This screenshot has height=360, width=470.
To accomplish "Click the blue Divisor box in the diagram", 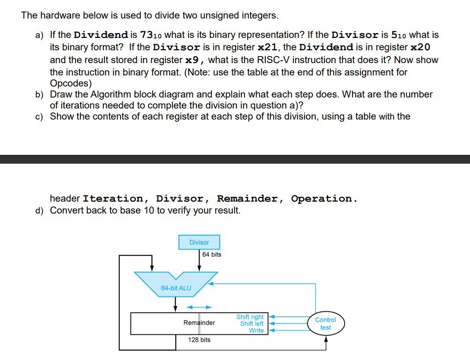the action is click(199, 242).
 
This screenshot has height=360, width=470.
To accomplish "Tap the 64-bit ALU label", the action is click(176, 288).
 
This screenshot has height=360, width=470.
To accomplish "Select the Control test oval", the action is click(326, 323).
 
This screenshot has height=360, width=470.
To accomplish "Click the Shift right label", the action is click(250, 317).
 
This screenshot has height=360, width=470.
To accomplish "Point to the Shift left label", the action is click(252, 323).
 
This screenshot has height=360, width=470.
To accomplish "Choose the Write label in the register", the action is click(256, 330).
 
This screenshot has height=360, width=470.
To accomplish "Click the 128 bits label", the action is click(199, 340).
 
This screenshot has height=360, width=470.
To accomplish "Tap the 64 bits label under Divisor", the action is click(212, 255).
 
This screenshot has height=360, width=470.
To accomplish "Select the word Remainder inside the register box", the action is click(199, 322).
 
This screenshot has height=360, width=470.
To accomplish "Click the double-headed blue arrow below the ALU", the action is click(199, 307).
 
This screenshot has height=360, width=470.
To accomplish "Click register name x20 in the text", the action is click(421, 47).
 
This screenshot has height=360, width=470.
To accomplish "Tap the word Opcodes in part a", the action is click(70, 83).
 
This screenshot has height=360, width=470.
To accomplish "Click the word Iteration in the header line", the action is click(113, 199).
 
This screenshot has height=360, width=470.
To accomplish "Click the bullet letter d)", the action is click(40, 210).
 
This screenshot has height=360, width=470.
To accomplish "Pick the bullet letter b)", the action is click(40, 94).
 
